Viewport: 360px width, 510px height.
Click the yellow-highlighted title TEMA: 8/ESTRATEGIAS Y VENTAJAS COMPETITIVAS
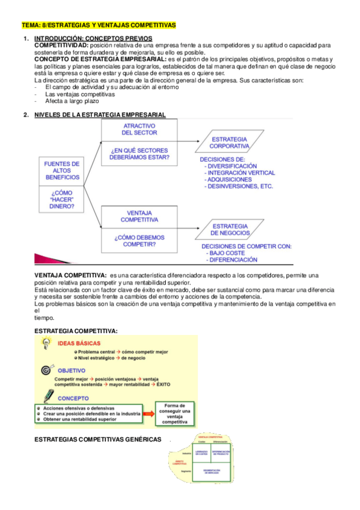(99, 25)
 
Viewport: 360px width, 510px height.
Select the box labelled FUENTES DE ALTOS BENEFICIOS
(62, 170)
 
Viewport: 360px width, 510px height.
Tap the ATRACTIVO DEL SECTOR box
(139, 129)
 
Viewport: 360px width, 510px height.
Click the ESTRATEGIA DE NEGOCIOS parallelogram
(231, 229)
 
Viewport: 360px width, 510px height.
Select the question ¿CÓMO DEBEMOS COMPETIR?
(139, 241)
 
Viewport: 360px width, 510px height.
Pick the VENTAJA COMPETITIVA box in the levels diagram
(139, 216)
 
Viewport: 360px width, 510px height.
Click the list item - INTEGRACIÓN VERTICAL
(239, 173)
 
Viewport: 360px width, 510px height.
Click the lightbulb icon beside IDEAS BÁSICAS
(45, 343)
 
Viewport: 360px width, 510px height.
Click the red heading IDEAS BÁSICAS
(79, 343)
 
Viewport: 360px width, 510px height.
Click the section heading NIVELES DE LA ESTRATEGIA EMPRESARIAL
(100, 114)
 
